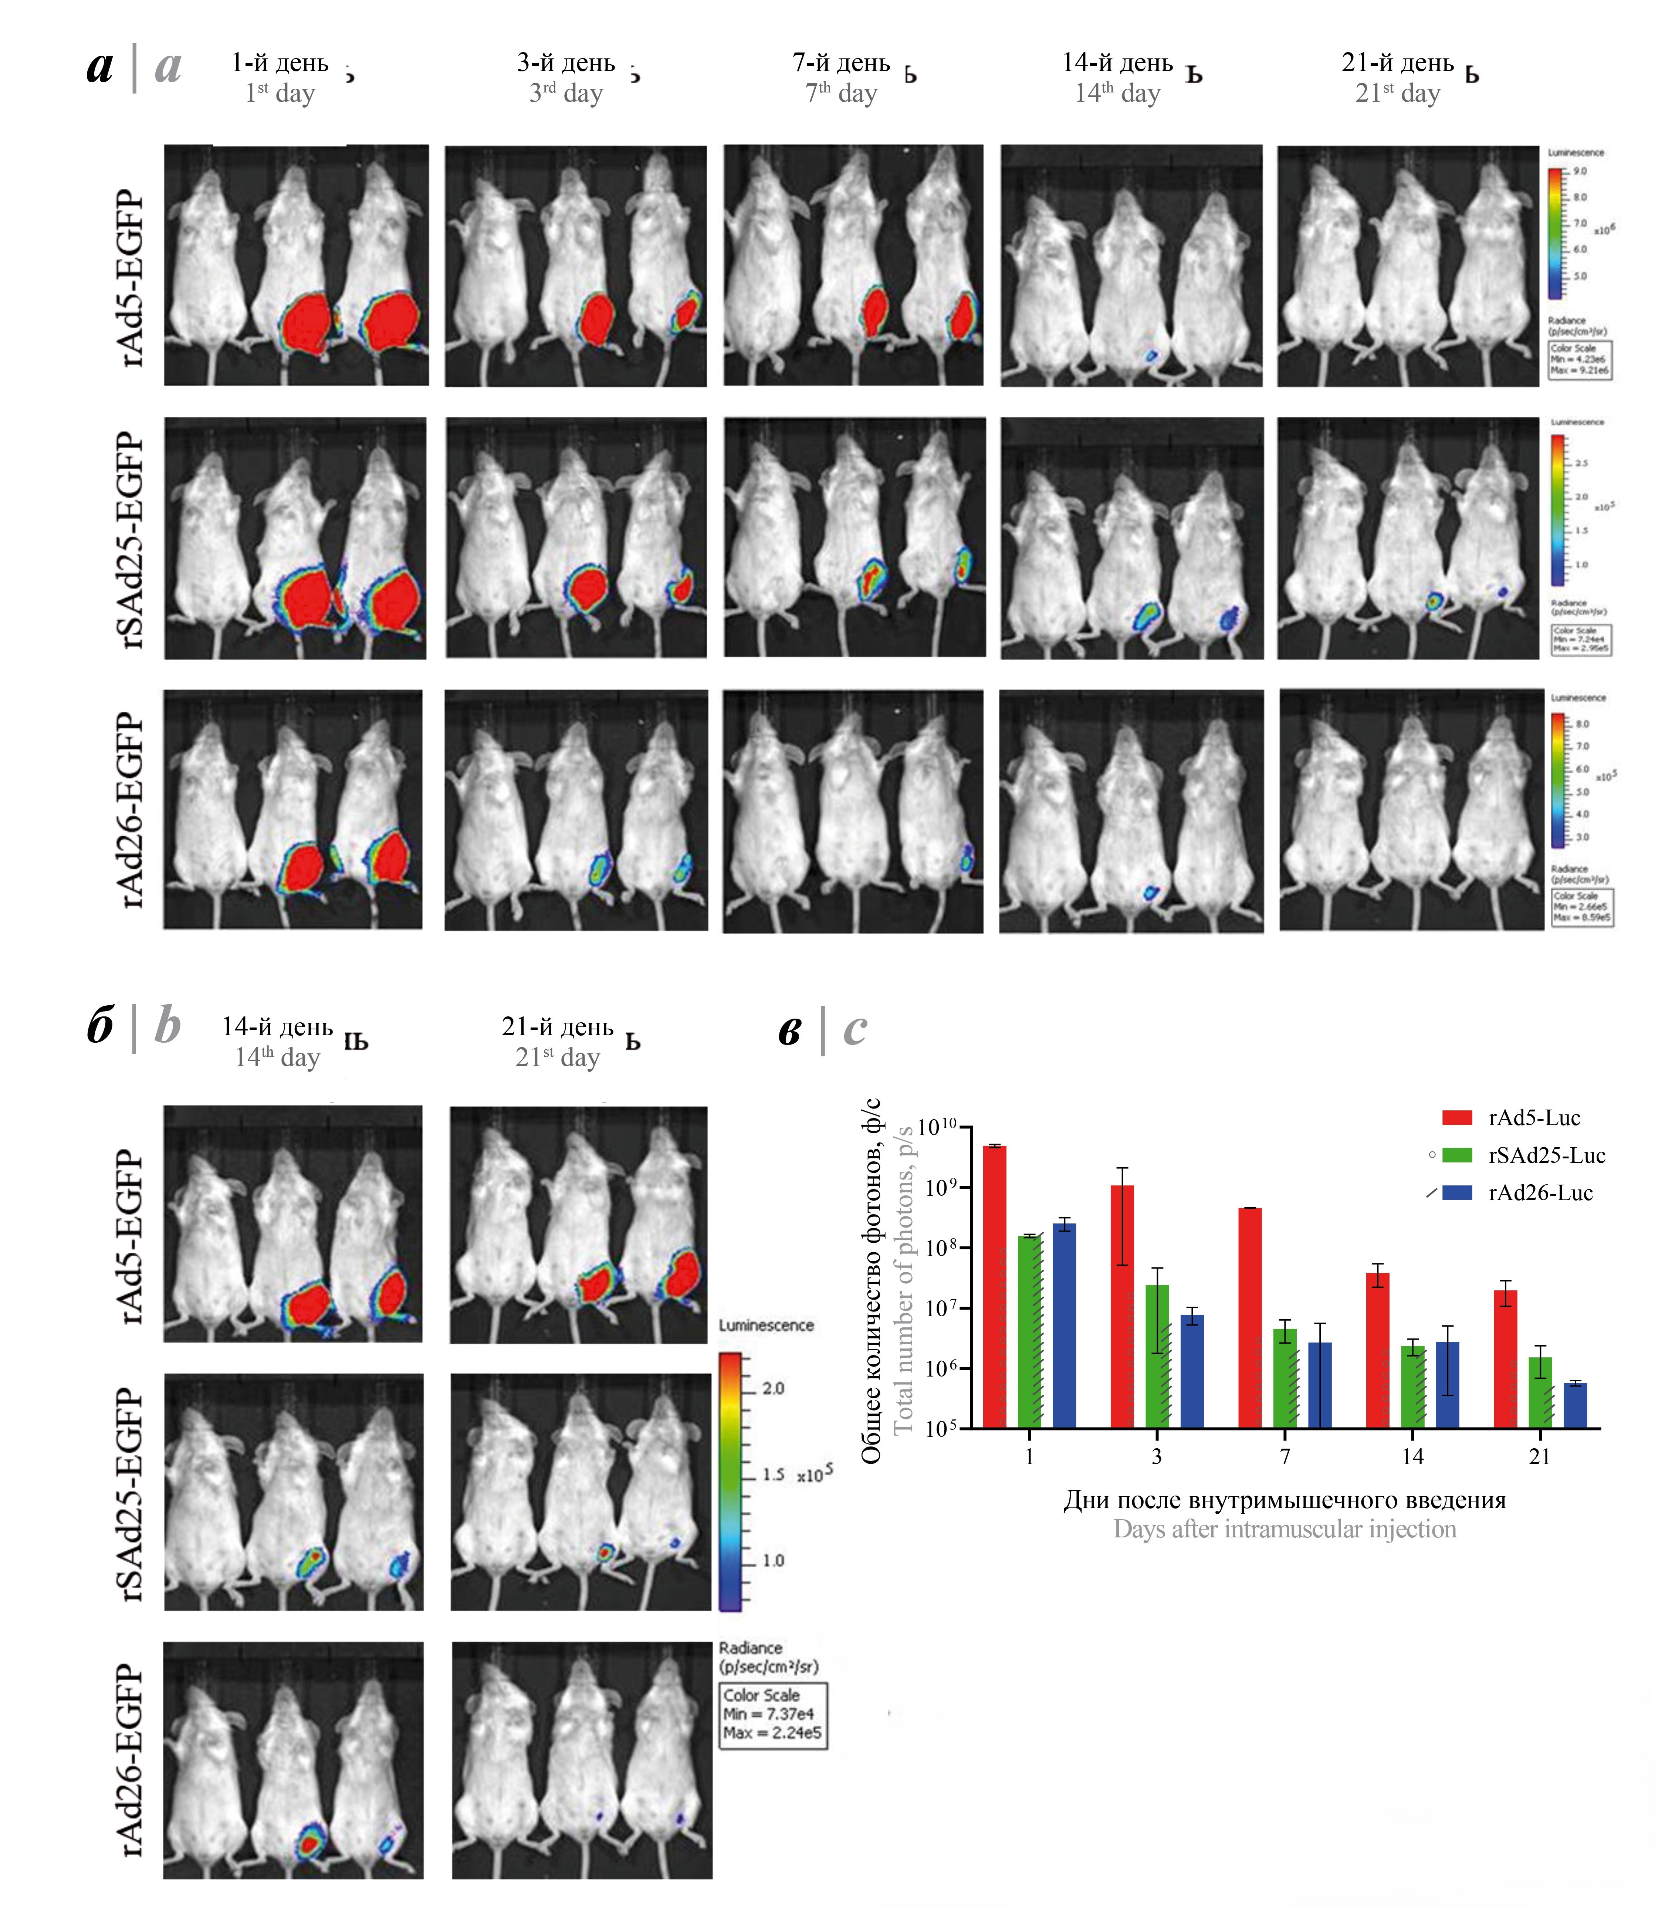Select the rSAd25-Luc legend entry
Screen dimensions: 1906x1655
[1546, 1155]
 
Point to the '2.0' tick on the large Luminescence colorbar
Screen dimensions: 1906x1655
[773, 1388]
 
